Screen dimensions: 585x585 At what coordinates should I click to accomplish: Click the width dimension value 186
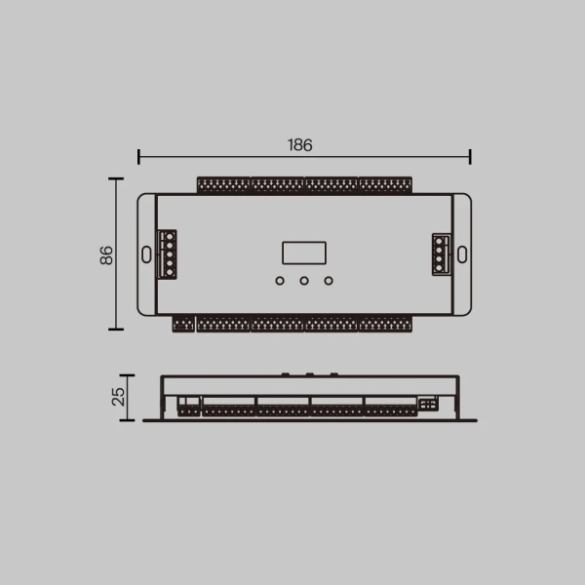(x=299, y=144)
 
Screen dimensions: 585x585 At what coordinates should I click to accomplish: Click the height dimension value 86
(x=106, y=254)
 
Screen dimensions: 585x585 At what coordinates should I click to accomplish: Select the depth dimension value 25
(x=119, y=397)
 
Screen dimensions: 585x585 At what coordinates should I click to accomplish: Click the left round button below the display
(x=280, y=282)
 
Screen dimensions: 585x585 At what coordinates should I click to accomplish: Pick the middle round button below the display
(x=304, y=282)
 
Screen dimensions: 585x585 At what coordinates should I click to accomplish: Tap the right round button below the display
(x=329, y=282)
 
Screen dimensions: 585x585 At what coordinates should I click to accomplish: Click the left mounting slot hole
(x=146, y=254)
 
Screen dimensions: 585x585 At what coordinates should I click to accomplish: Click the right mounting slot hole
(x=462, y=254)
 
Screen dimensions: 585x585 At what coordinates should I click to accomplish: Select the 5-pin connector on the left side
(x=169, y=253)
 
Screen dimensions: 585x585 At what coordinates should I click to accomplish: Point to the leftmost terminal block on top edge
(x=223, y=184)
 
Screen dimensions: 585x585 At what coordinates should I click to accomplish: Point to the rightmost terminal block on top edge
(x=384, y=184)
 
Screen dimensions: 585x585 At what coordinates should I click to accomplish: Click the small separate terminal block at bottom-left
(x=182, y=323)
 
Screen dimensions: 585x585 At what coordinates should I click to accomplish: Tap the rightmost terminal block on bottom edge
(x=384, y=323)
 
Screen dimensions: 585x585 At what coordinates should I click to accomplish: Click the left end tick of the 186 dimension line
(x=139, y=156)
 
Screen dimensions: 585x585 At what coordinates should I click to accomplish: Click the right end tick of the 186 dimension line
(x=470, y=156)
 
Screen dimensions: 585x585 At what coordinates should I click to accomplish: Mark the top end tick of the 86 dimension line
(x=116, y=179)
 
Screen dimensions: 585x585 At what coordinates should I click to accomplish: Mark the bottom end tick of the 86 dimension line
(x=116, y=329)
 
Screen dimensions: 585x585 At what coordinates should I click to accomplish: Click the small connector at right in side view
(x=427, y=403)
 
